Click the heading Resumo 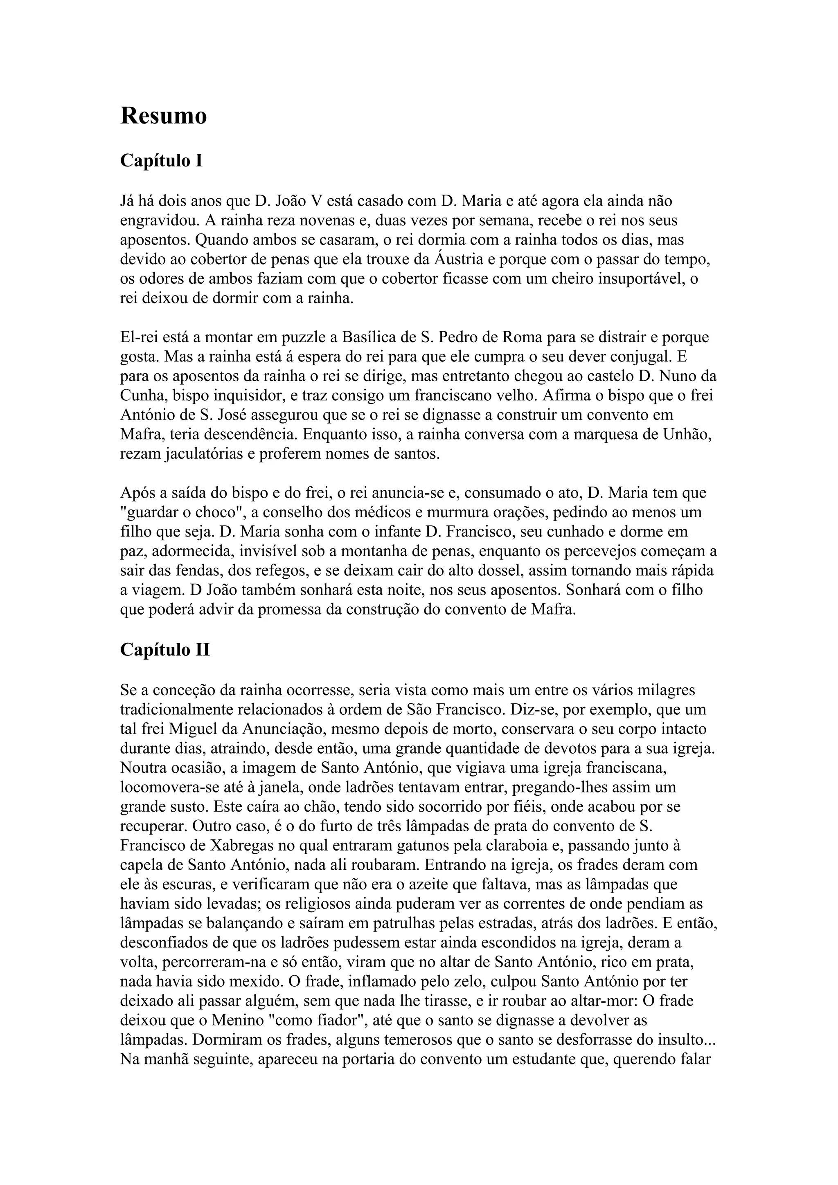point(163,116)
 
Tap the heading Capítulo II point(165,650)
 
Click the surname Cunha point(142,396)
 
